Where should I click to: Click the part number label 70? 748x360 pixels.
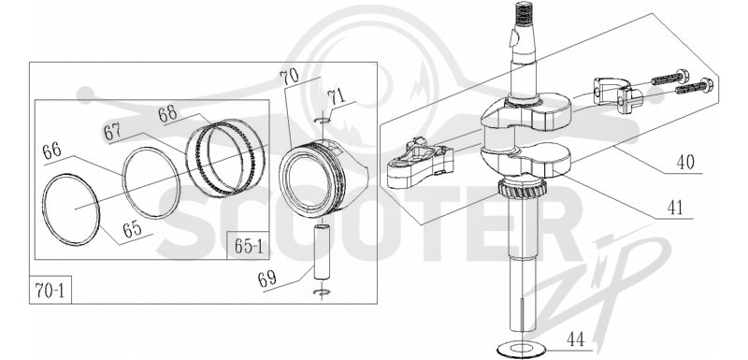(x=290, y=78)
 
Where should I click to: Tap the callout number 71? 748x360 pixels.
(x=338, y=98)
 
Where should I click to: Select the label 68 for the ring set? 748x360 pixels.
(x=168, y=113)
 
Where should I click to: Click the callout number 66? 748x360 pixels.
(x=52, y=152)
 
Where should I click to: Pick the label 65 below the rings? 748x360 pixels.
(x=132, y=229)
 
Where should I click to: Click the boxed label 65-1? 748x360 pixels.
(x=248, y=246)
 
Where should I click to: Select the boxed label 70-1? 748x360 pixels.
(x=50, y=290)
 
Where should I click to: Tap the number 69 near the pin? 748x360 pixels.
(x=268, y=279)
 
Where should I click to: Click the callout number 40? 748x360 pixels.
(x=685, y=163)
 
